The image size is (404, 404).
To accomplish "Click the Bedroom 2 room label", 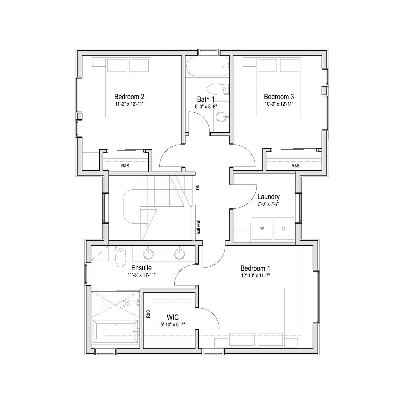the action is pyautogui.click(x=129, y=97).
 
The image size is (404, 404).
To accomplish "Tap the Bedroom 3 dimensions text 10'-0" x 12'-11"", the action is pyautogui.click(x=279, y=104).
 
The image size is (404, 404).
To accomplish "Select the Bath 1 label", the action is pyautogui.click(x=206, y=99).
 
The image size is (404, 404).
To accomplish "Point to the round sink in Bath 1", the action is pyautogui.click(x=221, y=117).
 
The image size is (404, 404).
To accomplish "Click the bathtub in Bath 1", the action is pyautogui.click(x=207, y=66).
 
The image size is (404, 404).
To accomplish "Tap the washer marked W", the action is pyautogui.click(x=262, y=228).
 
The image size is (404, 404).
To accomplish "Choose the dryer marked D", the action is pyautogui.click(x=284, y=228).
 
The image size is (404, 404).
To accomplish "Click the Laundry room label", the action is pyautogui.click(x=268, y=197).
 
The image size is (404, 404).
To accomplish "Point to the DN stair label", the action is pyautogui.click(x=198, y=187).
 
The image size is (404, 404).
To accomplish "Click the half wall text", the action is pyautogui.click(x=199, y=227).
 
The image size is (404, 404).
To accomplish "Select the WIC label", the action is pyautogui.click(x=173, y=317).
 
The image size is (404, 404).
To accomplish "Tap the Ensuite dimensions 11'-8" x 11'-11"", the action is pyautogui.click(x=141, y=275).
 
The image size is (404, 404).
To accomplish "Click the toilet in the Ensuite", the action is pyautogui.click(x=121, y=256).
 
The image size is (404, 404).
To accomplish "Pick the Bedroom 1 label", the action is pyautogui.click(x=255, y=268).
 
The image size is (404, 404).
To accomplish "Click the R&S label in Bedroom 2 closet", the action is pyautogui.click(x=125, y=166).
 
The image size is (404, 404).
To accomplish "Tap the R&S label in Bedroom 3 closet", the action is pyautogui.click(x=295, y=166).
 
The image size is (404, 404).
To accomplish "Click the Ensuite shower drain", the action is pyautogui.click(x=126, y=303).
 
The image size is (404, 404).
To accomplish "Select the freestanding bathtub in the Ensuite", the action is pyautogui.click(x=115, y=332).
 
